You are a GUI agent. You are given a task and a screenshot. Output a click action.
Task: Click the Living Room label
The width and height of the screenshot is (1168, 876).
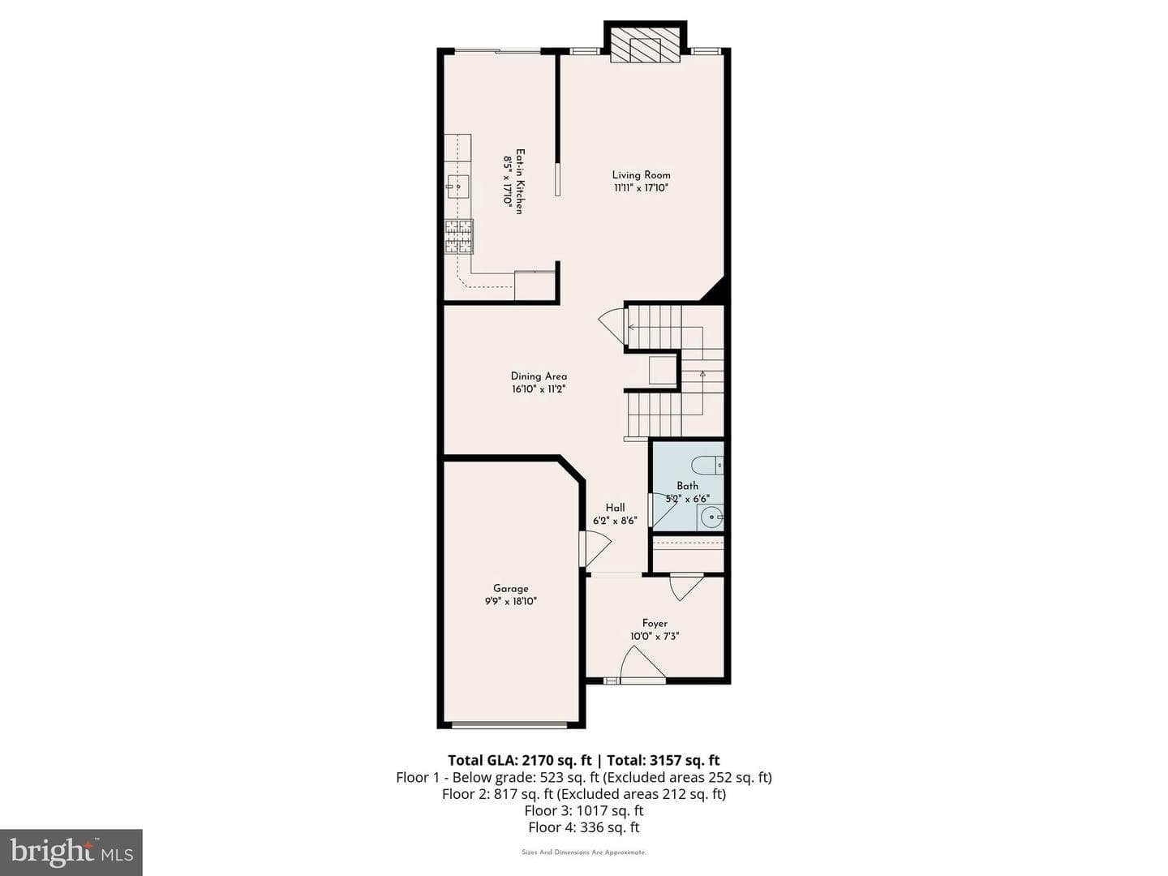[x=641, y=175]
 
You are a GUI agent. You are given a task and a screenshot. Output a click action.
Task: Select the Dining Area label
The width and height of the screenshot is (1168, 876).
[x=539, y=376]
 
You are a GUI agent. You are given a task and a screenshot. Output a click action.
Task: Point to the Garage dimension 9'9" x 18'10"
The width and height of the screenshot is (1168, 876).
[x=510, y=602]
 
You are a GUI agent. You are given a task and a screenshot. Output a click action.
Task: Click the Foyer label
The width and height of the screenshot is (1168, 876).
[x=655, y=624]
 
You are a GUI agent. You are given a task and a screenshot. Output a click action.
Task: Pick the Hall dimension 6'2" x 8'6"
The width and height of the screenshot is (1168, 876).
[x=615, y=521]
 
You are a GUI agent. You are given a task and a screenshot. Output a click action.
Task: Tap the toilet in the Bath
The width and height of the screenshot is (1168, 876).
[x=707, y=465]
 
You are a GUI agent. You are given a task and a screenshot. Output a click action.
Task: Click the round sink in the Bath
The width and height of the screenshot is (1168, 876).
[x=711, y=517]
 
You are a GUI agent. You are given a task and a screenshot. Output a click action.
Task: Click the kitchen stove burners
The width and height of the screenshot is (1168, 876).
[x=459, y=236]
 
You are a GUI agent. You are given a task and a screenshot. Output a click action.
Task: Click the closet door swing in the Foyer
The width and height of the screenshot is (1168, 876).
[x=686, y=587]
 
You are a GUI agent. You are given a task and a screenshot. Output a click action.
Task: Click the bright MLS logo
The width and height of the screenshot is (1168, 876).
[x=71, y=852]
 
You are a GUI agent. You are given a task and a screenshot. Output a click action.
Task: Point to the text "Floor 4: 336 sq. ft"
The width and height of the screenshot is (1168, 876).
[x=584, y=827]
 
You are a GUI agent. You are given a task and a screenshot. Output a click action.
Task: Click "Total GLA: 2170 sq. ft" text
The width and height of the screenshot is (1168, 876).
[x=519, y=760]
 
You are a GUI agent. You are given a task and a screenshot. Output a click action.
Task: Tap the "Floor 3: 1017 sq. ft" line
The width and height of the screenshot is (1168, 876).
[x=584, y=810]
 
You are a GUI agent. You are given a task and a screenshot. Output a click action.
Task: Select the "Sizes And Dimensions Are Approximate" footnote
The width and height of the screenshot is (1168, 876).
[x=584, y=852]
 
